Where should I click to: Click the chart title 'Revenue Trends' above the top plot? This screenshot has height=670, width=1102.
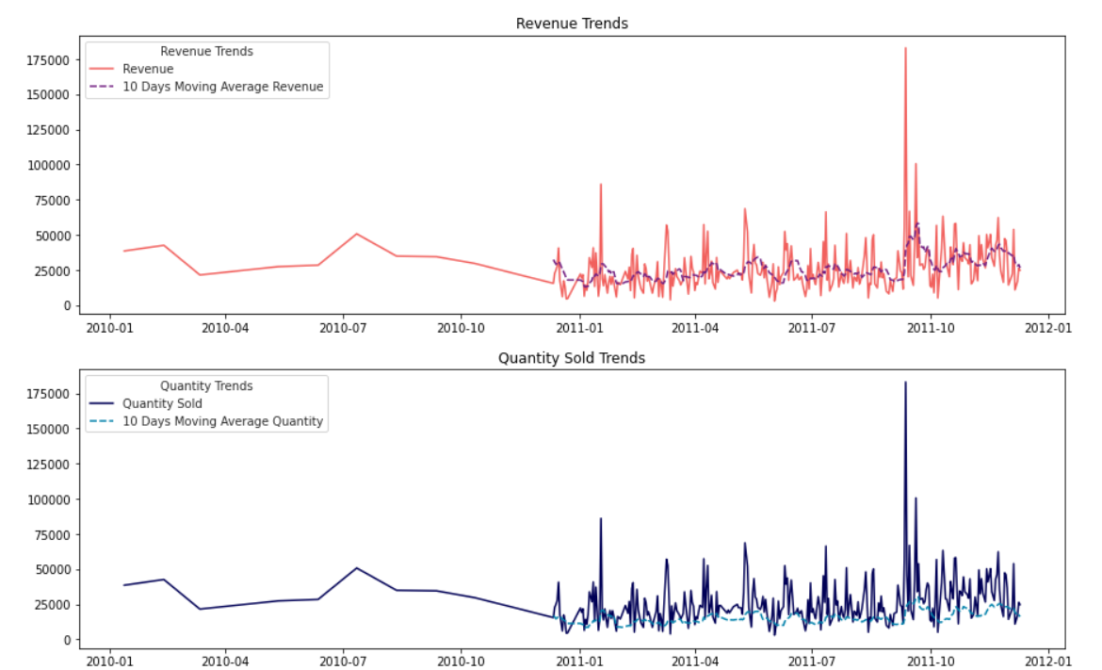(x=572, y=24)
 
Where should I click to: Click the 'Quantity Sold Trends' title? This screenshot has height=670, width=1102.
(x=572, y=358)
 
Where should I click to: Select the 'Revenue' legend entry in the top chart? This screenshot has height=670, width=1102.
(x=148, y=69)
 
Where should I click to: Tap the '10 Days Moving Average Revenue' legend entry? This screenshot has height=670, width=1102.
(x=222, y=87)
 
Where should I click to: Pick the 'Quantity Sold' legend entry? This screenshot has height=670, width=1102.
(x=162, y=403)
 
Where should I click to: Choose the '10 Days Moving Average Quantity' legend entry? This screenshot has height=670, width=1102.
(x=222, y=421)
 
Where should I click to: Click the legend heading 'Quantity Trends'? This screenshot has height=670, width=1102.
(x=206, y=385)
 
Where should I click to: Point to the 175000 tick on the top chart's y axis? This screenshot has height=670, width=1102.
(x=48, y=59)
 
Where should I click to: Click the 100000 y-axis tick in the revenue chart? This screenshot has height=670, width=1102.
(x=48, y=165)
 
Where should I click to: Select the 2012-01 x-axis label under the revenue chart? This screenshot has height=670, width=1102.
(x=1047, y=328)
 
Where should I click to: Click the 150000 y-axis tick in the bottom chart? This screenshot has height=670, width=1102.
(x=48, y=429)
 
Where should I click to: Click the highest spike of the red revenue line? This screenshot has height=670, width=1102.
(x=905, y=48)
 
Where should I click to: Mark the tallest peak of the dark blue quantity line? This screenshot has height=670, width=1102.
(x=905, y=383)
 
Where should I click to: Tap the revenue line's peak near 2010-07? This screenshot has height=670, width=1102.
(x=356, y=234)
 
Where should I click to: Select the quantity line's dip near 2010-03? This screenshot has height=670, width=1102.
(x=200, y=609)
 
